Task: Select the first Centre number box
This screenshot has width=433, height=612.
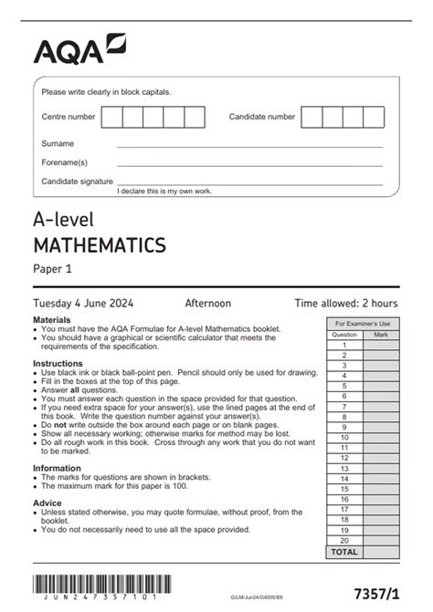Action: [x=112, y=117]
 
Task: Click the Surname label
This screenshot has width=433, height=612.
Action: [x=58, y=144]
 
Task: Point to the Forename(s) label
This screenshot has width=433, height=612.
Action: [x=64, y=162]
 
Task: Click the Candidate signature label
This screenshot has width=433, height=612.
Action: [x=77, y=182]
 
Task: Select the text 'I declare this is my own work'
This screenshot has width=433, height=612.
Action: [x=164, y=191]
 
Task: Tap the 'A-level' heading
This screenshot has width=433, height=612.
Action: [x=63, y=219]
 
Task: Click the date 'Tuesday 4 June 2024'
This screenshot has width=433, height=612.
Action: [x=86, y=303]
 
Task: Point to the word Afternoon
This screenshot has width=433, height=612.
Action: [x=208, y=303]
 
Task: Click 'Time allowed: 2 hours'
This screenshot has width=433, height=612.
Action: [x=345, y=303]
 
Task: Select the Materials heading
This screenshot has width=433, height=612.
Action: [x=52, y=321]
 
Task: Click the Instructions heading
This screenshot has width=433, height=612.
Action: [x=58, y=362]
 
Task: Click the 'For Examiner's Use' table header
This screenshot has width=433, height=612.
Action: [x=363, y=324]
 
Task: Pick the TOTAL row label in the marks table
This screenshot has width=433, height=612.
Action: [x=343, y=553]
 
